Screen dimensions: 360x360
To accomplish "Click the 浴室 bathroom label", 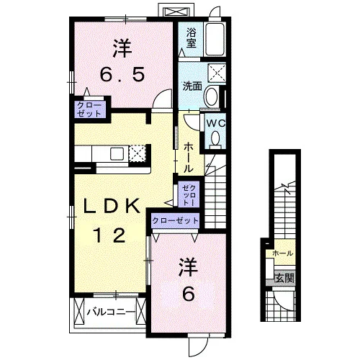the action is point(191,38).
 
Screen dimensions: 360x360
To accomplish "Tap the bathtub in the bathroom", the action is point(215,39).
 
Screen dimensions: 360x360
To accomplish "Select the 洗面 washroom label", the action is point(192,86).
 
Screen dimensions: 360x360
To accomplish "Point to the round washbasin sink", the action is point(212,96).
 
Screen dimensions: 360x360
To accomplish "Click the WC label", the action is point(216,124).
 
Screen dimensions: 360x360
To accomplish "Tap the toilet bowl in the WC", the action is point(215,140).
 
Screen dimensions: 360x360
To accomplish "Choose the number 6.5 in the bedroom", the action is point(122,74).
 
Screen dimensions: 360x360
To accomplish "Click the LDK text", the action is point(112,206).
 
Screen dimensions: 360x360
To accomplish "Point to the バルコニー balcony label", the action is point(111,312).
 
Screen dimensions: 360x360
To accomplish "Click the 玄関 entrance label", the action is point(284,279).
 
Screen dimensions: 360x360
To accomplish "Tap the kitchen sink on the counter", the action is point(117,154).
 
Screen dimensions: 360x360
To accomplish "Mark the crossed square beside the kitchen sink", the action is point(137,153).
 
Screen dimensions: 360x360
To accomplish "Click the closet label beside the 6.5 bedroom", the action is point(89,109).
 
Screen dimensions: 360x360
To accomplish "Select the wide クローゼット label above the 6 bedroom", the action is point(176,220).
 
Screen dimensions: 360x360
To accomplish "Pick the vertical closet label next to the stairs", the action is point(189,194).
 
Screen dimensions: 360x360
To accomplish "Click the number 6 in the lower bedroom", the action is point(189,294).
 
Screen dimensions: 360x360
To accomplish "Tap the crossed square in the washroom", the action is point(217,73).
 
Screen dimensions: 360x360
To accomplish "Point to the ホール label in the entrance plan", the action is point(283,253).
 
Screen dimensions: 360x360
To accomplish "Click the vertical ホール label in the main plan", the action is point(188,157).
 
